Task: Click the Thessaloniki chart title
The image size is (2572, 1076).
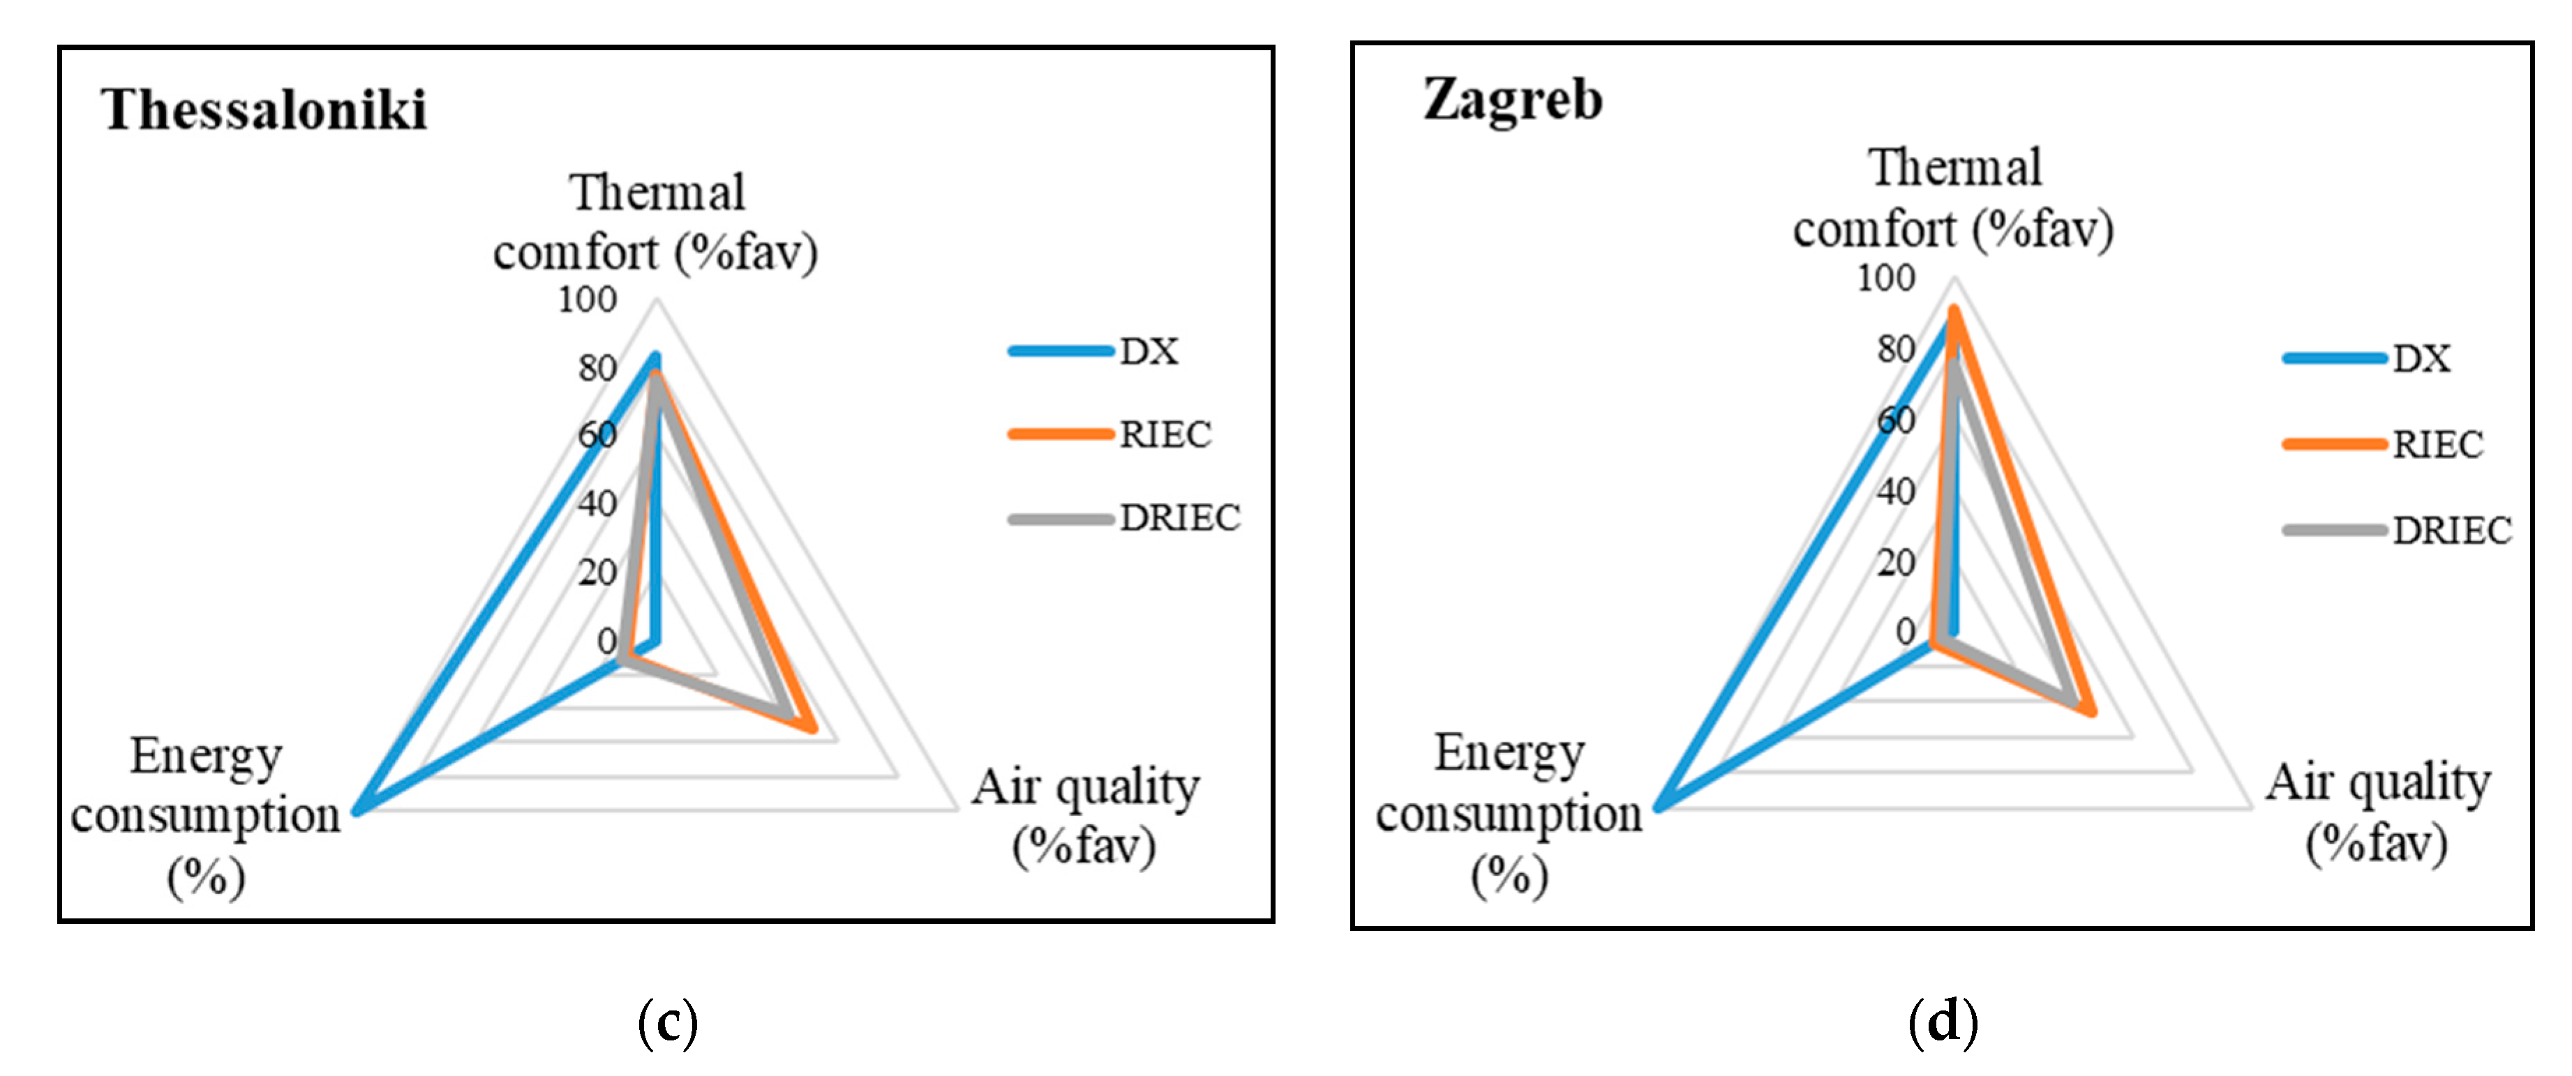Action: click(x=264, y=109)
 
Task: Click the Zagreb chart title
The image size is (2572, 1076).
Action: click(x=1513, y=100)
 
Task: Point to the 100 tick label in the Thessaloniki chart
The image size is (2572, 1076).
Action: click(x=587, y=299)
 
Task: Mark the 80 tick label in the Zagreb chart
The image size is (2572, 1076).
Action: click(x=1895, y=349)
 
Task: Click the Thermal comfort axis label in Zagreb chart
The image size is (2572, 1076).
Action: click(x=1954, y=199)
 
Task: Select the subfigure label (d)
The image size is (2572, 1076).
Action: click(x=1942, y=1021)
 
